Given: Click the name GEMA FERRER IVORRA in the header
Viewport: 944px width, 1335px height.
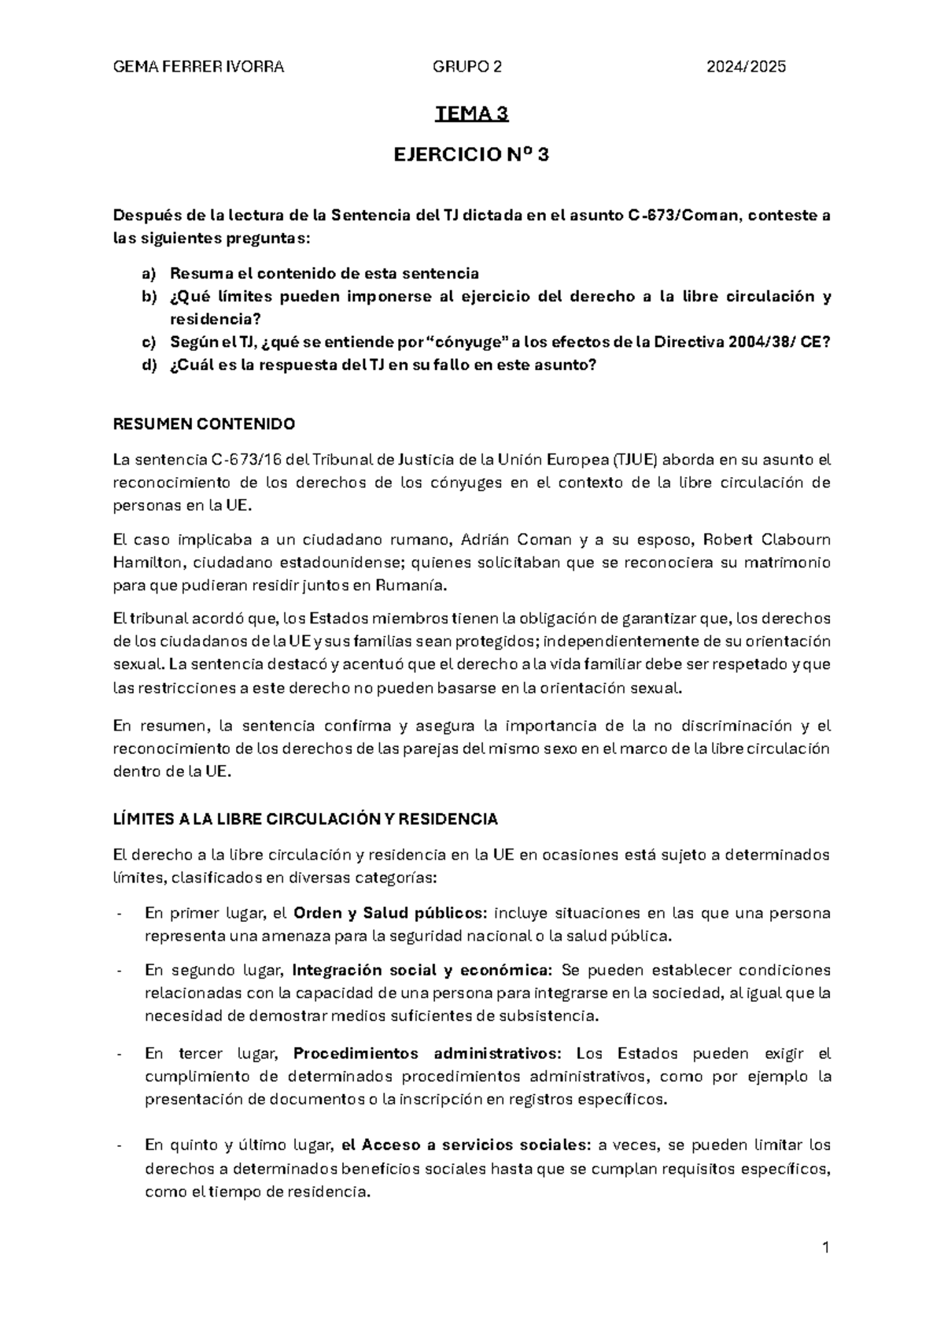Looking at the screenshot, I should (x=199, y=67).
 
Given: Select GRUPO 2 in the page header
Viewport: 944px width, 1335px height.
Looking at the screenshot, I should (x=467, y=67).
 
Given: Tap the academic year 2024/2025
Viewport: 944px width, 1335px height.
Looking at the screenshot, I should (x=746, y=67).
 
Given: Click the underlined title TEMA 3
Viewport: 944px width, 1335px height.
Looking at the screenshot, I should (x=472, y=115).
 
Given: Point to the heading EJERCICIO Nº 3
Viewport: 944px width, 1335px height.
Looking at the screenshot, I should (x=471, y=155).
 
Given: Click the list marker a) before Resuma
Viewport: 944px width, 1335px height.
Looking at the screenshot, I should (x=149, y=274).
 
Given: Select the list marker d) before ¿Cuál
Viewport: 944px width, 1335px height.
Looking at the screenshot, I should (x=149, y=365).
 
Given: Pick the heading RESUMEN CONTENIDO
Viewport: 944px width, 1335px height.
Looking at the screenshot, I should (x=205, y=424).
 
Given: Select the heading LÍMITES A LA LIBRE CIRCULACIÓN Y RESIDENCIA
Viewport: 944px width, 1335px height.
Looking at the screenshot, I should (x=306, y=819).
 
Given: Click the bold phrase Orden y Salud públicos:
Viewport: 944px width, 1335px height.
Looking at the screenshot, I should (x=390, y=913).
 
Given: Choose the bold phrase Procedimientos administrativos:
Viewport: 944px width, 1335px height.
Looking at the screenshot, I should (x=428, y=1053).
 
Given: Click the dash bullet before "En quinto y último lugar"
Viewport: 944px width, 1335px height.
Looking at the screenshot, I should (x=118, y=1146).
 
